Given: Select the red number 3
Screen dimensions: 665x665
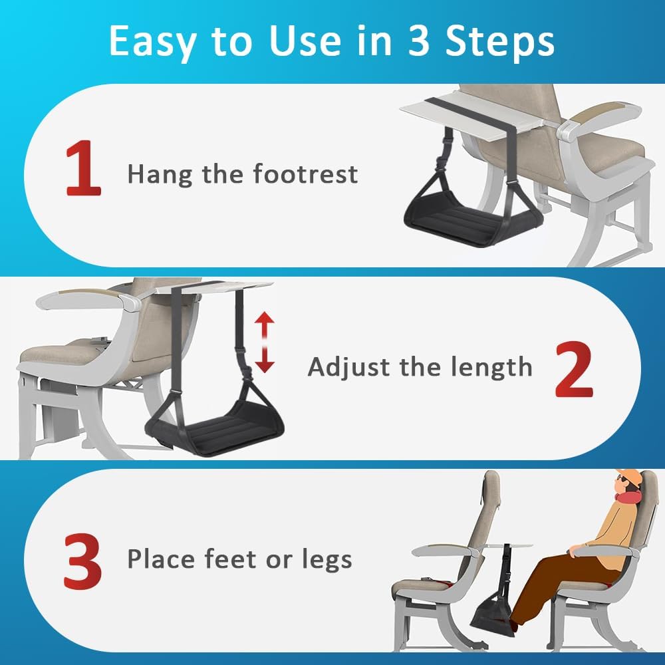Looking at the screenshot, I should pyautogui.click(x=83, y=561).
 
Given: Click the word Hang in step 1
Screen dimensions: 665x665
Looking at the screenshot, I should pyautogui.click(x=154, y=175).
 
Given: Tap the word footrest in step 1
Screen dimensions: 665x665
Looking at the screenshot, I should pyautogui.click(x=305, y=175).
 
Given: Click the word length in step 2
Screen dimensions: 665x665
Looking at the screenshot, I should pyautogui.click(x=493, y=367).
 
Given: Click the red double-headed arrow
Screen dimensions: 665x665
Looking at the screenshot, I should pyautogui.click(x=265, y=342).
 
